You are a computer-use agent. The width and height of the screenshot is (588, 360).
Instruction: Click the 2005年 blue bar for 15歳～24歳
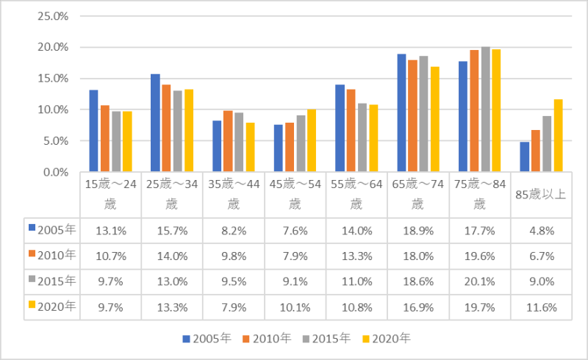pos(93,131)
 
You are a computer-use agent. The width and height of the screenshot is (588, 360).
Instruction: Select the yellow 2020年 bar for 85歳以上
pos(558,136)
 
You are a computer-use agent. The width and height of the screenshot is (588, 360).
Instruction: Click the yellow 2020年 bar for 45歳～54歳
pos(312,140)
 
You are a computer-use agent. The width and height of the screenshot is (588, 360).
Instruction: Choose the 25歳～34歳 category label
pos(172,194)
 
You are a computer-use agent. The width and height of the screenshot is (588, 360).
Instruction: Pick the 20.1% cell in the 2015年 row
pos(479,281)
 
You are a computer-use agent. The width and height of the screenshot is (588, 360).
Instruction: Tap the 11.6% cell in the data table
pos(540,306)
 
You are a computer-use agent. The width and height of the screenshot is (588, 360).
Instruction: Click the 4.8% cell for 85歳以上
pos(540,229)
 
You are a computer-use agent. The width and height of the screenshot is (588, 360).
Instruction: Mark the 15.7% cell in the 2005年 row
pos(172,229)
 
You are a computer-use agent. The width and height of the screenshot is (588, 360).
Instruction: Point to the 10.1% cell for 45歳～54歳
pos(295,306)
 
